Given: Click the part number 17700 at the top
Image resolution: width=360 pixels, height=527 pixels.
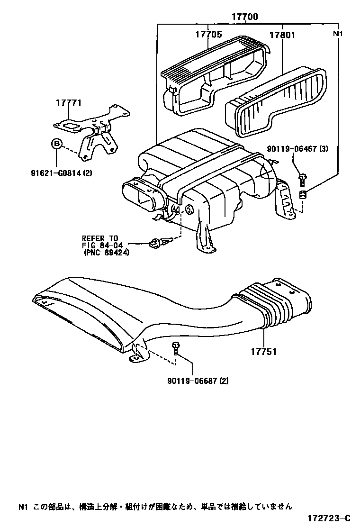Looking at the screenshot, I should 244,17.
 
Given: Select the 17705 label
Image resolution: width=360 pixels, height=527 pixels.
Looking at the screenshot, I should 209,35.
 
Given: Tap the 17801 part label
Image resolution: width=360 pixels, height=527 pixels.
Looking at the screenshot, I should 283,35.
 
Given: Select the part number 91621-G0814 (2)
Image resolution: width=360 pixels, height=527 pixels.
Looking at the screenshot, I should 65,173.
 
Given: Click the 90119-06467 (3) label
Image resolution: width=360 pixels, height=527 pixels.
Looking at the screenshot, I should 297,149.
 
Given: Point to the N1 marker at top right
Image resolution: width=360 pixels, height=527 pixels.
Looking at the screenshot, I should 338,34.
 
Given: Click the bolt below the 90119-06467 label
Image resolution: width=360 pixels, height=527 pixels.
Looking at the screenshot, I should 303,179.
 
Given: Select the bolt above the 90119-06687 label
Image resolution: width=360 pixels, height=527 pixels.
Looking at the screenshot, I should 176,348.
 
